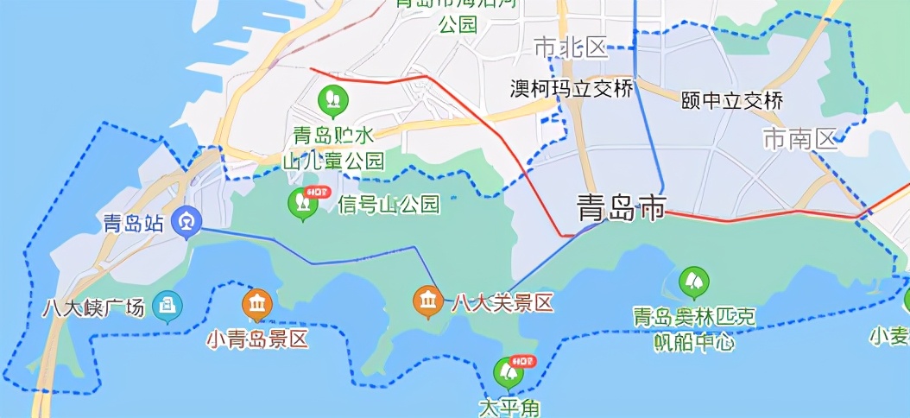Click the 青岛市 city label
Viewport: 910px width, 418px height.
(622, 208)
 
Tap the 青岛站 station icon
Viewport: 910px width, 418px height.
(186, 222)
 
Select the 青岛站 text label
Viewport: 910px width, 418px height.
(131, 224)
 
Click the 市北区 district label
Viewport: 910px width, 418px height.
(571, 47)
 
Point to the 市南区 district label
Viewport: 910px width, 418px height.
(800, 138)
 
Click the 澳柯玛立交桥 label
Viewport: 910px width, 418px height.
(571, 89)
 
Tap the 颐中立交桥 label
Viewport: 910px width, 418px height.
(732, 100)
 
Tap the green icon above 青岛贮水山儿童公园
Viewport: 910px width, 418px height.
(332, 99)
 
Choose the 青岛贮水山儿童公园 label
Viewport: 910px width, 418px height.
(333, 148)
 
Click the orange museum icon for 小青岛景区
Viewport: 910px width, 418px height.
(256, 303)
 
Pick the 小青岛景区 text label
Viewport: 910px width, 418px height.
(256, 339)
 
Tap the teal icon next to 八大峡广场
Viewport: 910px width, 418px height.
(167, 305)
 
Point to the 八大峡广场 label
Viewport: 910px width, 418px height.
(93, 307)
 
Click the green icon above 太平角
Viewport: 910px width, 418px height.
(509, 371)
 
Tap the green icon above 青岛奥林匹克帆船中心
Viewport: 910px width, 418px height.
(693, 282)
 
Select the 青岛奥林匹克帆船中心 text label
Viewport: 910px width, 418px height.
(693, 329)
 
